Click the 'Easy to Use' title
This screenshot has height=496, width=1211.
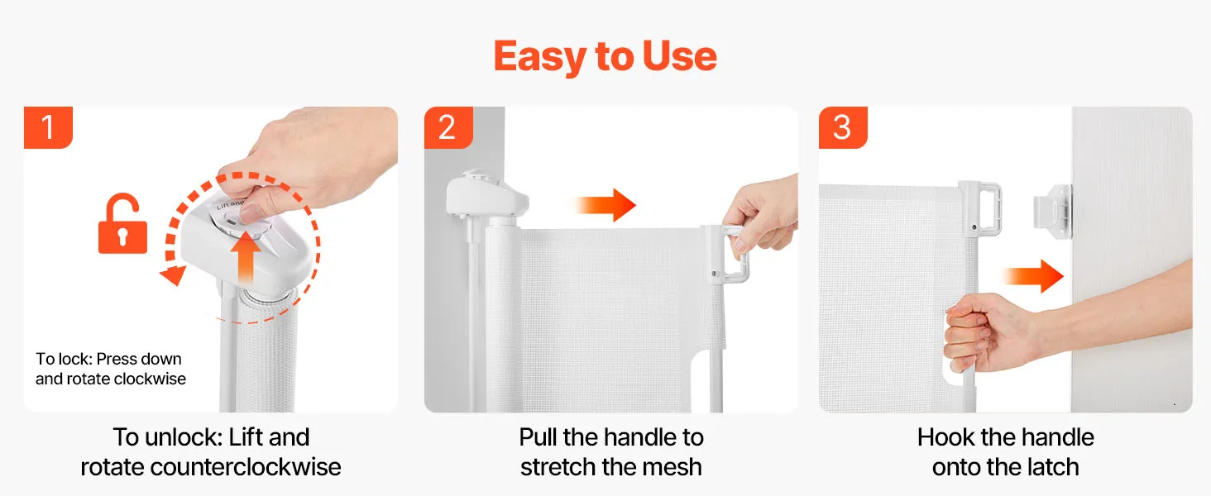pos(605,57)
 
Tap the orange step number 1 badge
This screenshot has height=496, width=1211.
pos(48,127)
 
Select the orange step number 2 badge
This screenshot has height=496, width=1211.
pos(448,127)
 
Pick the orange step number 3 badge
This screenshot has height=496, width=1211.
pos(843,127)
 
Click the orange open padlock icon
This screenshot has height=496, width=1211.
pos(122,223)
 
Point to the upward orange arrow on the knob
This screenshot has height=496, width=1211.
pos(246,256)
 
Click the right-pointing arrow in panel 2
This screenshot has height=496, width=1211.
pos(605,205)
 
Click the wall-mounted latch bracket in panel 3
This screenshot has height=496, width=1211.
pos(1053,212)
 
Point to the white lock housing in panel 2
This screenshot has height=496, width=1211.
pos(486,197)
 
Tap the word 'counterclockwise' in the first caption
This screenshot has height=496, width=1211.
pos(246,467)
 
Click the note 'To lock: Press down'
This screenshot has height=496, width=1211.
pos(108,359)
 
